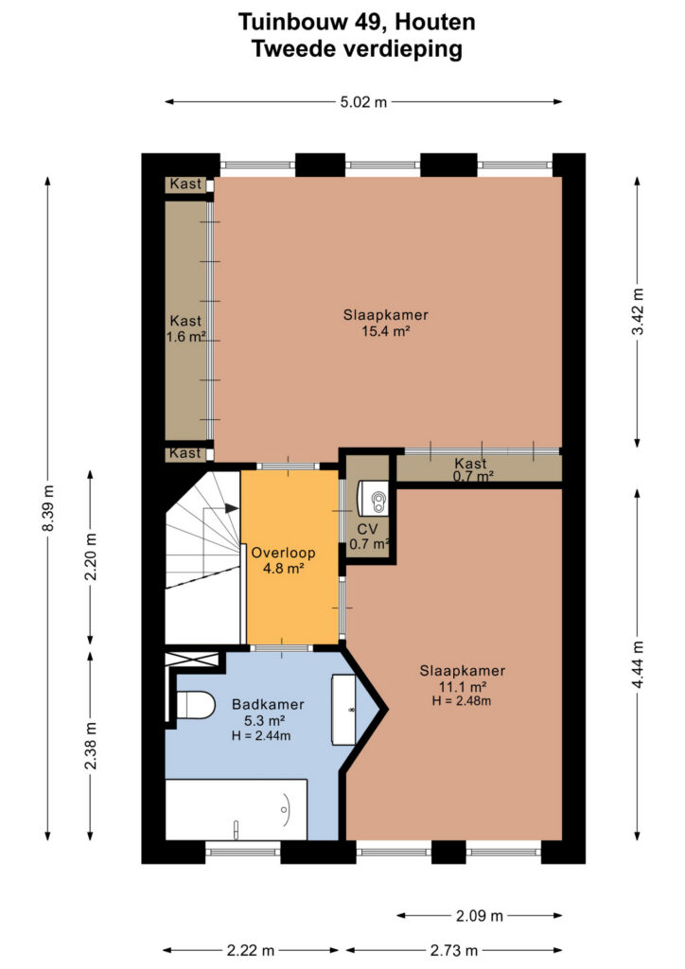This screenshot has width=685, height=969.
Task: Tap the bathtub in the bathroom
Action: tap(237, 810)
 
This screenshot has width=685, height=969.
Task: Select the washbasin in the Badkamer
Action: tap(344, 710)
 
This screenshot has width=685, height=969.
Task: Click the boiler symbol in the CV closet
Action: tap(373, 498)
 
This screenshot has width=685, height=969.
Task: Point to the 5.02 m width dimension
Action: tap(363, 102)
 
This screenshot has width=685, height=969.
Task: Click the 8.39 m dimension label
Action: tap(49, 508)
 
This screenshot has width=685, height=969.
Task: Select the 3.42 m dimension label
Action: tap(638, 311)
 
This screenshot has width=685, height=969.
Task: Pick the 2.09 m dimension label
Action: tap(480, 915)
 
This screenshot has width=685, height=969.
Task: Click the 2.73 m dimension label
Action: tap(454, 950)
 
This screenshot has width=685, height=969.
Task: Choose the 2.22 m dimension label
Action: tap(250, 950)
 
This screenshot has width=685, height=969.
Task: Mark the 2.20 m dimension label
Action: tap(91, 556)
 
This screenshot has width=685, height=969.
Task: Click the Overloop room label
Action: tap(283, 553)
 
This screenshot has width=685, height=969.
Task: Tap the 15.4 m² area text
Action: tap(386, 330)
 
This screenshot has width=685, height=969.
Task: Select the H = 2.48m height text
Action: tap(462, 701)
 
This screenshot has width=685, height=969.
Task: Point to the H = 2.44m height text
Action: tap(261, 735)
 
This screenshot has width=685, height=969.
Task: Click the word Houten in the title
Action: tap(435, 23)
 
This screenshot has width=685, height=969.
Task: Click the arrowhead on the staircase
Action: tap(232, 508)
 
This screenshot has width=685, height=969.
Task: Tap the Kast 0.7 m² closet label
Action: tap(472, 469)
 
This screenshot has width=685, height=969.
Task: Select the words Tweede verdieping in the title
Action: tap(357, 49)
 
